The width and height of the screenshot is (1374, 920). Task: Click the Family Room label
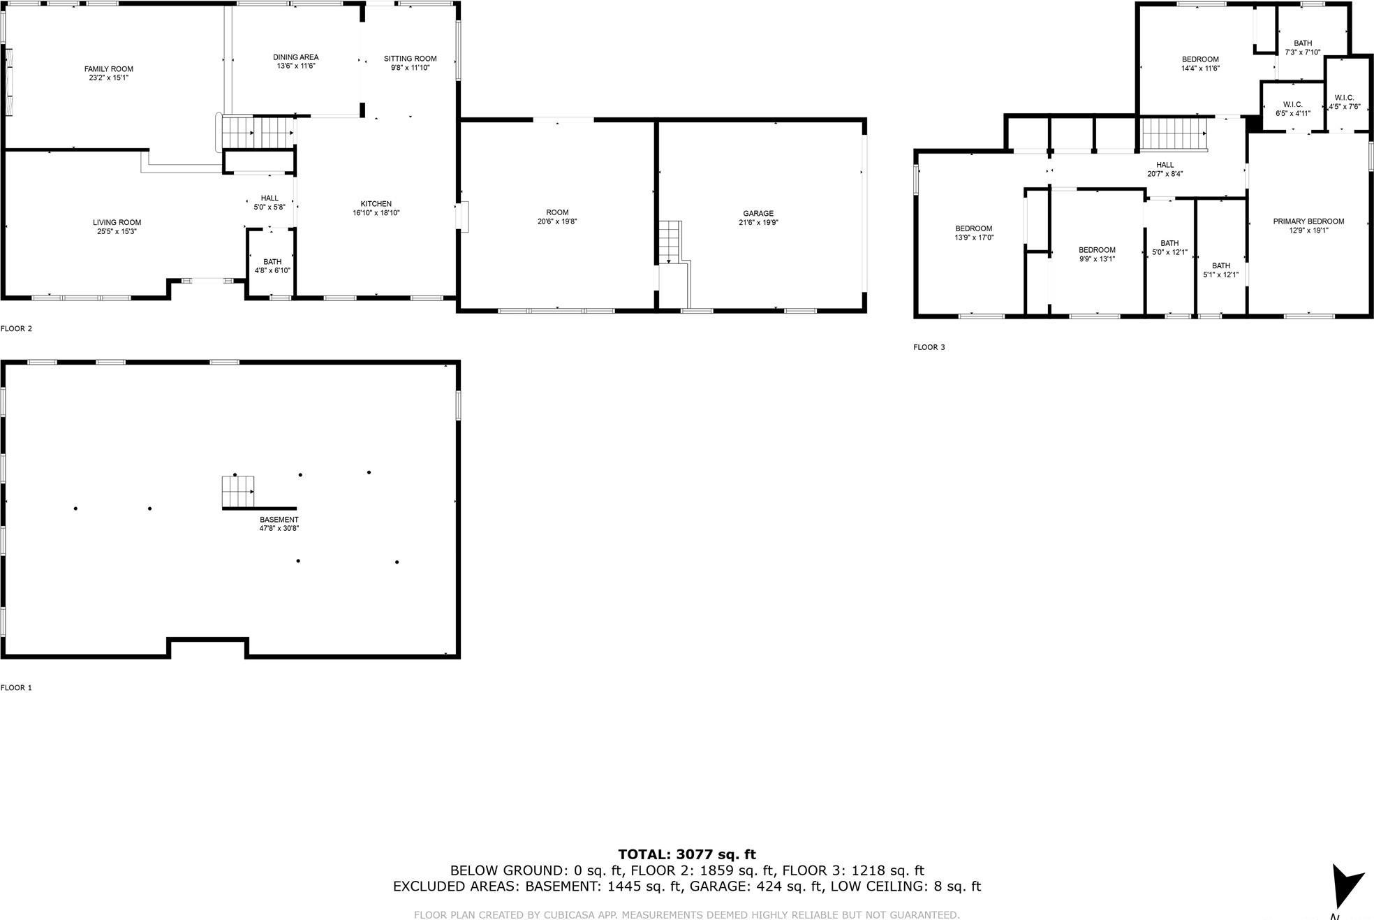[x=109, y=69]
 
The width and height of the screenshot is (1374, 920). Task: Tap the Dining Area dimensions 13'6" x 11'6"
[x=296, y=66]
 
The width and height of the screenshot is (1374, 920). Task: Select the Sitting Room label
[x=410, y=59]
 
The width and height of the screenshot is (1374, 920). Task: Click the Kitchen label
[x=376, y=204]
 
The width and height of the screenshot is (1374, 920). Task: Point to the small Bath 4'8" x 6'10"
[x=272, y=266]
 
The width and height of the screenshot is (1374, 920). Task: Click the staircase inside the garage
[x=670, y=242]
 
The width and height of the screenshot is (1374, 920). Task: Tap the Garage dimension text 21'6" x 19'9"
[x=758, y=223]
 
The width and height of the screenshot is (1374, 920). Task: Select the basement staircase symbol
[x=238, y=492]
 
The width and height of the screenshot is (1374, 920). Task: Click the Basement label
[x=279, y=520]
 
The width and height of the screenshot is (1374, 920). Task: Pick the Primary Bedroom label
[x=1308, y=221]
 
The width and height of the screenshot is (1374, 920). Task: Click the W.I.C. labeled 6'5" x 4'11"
[x=1293, y=109]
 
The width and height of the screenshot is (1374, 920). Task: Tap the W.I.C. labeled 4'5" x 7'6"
[x=1344, y=102]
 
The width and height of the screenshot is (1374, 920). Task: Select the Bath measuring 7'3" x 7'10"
[x=1303, y=48]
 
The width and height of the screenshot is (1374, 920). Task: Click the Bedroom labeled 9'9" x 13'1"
[x=1097, y=254]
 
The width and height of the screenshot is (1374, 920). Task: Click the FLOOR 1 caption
[x=16, y=687]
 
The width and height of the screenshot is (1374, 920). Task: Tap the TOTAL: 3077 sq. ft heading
[x=687, y=854]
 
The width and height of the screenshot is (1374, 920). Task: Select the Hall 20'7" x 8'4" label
[x=1165, y=170]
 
